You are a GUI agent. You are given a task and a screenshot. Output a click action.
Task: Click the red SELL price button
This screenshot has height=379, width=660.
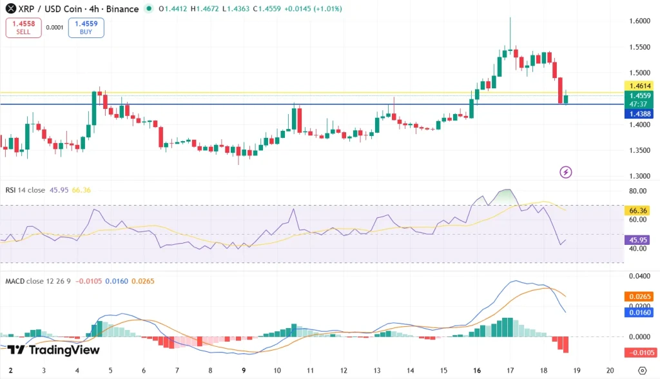pyautogui.click(x=23, y=28)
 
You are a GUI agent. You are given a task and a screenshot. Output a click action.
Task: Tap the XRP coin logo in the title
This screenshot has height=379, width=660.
pyautogui.click(x=10, y=9)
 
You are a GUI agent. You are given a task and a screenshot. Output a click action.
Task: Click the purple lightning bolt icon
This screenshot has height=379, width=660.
pyautogui.click(x=566, y=171)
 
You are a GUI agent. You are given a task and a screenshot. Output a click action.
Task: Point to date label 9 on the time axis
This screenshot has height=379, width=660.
pyautogui.click(x=244, y=371)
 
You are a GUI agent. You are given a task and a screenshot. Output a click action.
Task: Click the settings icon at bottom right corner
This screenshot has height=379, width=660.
pyautogui.click(x=641, y=371)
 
